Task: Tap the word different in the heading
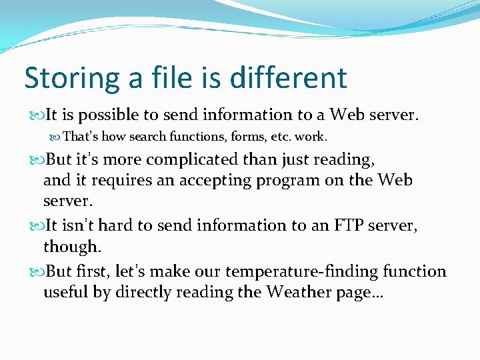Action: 289,78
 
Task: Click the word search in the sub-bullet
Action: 150,137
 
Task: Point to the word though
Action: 72,247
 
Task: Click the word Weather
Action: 297,292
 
